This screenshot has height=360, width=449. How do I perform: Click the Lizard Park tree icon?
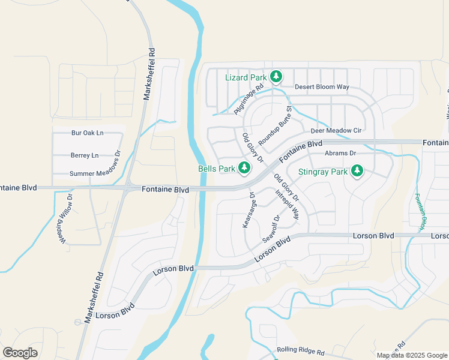coord(276,76)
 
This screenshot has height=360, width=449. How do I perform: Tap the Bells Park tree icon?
coord(244,169)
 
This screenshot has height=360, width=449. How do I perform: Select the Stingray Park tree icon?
coord(357,172)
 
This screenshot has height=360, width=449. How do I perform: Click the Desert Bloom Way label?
coord(322,87)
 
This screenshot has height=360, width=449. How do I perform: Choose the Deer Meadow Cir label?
coord(336,131)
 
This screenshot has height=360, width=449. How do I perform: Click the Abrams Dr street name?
coord(340,154)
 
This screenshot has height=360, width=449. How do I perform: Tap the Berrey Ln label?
coord(84,155)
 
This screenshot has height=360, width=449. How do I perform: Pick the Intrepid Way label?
coord(287,205)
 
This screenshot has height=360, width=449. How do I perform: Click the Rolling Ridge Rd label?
coord(300,350)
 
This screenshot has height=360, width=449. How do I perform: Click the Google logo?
coord(20,352)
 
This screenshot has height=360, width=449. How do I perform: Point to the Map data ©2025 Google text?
coord(411,355)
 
